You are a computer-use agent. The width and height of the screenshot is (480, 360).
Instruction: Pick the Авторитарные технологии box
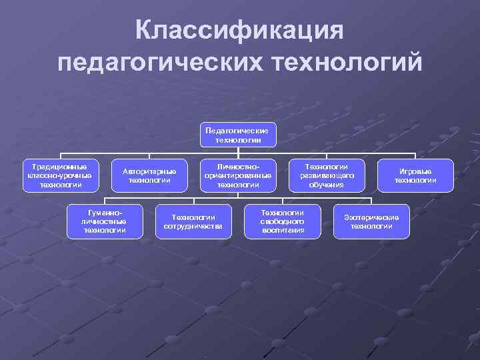pyautogui.click(x=149, y=175)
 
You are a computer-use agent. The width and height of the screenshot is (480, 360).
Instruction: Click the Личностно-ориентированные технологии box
pyautogui.click(x=238, y=175)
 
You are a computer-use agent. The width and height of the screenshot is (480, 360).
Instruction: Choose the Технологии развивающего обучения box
pyautogui.click(x=326, y=175)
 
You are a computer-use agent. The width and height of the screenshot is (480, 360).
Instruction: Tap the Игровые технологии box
pyautogui.click(x=415, y=175)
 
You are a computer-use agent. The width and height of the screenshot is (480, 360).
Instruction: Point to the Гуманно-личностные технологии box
pyautogui.click(x=105, y=221)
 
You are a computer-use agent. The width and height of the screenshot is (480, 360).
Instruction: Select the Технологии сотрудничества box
pyautogui.click(x=193, y=221)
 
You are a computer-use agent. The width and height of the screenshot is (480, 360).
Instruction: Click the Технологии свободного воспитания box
pyautogui.click(x=282, y=221)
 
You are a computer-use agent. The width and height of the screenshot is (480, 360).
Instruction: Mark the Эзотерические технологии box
pyautogui.click(x=371, y=221)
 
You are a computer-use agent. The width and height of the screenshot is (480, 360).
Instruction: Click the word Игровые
pyautogui.click(x=415, y=171)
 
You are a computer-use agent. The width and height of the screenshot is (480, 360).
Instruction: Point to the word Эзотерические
pyautogui.click(x=371, y=217)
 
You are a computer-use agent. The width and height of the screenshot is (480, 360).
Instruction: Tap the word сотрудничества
pyautogui.click(x=193, y=226)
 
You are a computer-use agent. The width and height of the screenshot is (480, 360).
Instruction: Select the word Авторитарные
pyautogui.click(x=149, y=171)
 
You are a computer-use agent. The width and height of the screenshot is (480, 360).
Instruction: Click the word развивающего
pyautogui.click(x=326, y=175)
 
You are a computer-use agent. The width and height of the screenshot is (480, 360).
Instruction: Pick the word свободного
pyautogui.click(x=282, y=221)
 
